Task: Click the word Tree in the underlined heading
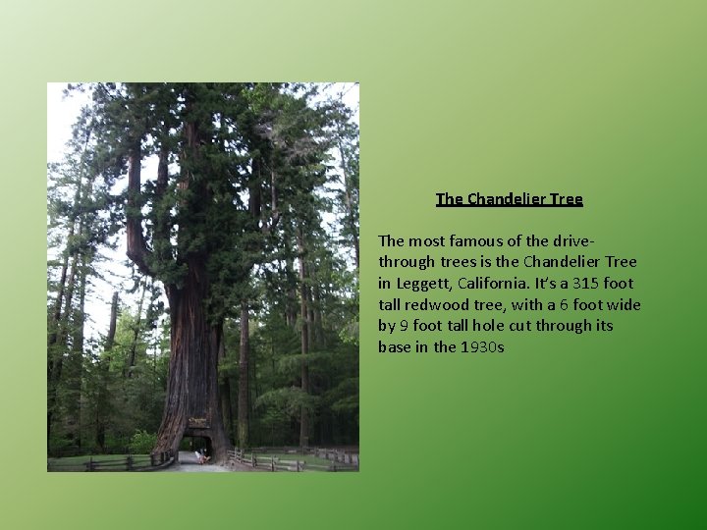coord(567,199)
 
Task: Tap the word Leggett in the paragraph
coord(420,283)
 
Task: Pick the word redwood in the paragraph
coord(438,304)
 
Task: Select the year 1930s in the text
coord(481,346)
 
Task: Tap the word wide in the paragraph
coord(623,304)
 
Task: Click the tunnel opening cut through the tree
coord(198,445)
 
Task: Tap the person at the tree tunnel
coord(202,455)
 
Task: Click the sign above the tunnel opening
coord(197,423)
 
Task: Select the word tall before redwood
coord(392,304)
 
